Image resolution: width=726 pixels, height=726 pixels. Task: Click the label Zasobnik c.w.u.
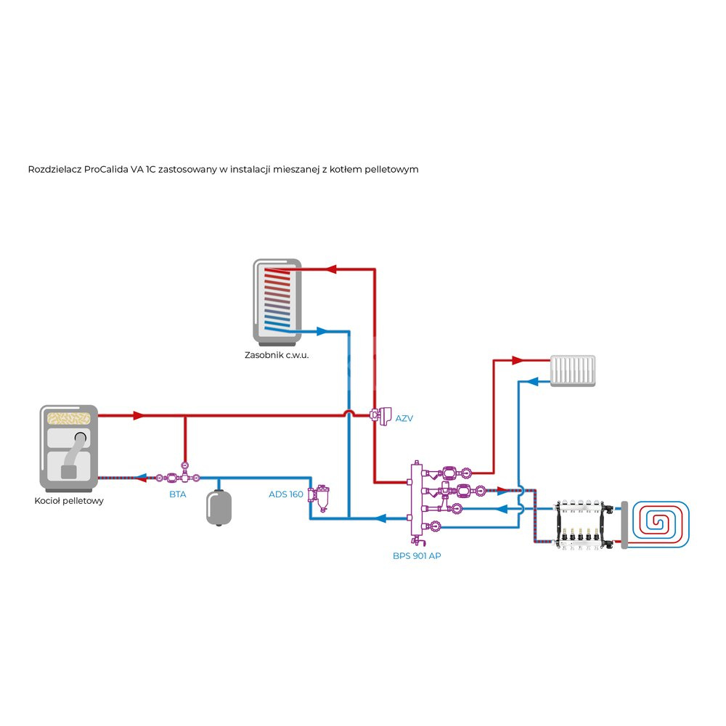[277, 356]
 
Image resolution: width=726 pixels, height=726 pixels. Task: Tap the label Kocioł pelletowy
[69, 501]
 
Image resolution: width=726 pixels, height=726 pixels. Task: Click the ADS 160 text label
[286, 494]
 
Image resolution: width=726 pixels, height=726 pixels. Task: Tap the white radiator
[573, 370]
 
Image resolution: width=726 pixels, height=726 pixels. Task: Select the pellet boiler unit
[68, 447]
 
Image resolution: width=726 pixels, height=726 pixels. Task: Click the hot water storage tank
[277, 301]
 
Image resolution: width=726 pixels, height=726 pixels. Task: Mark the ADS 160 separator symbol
[318, 495]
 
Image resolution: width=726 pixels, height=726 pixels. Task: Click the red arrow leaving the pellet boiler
[138, 415]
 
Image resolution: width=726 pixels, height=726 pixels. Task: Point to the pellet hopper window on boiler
[68, 418]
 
